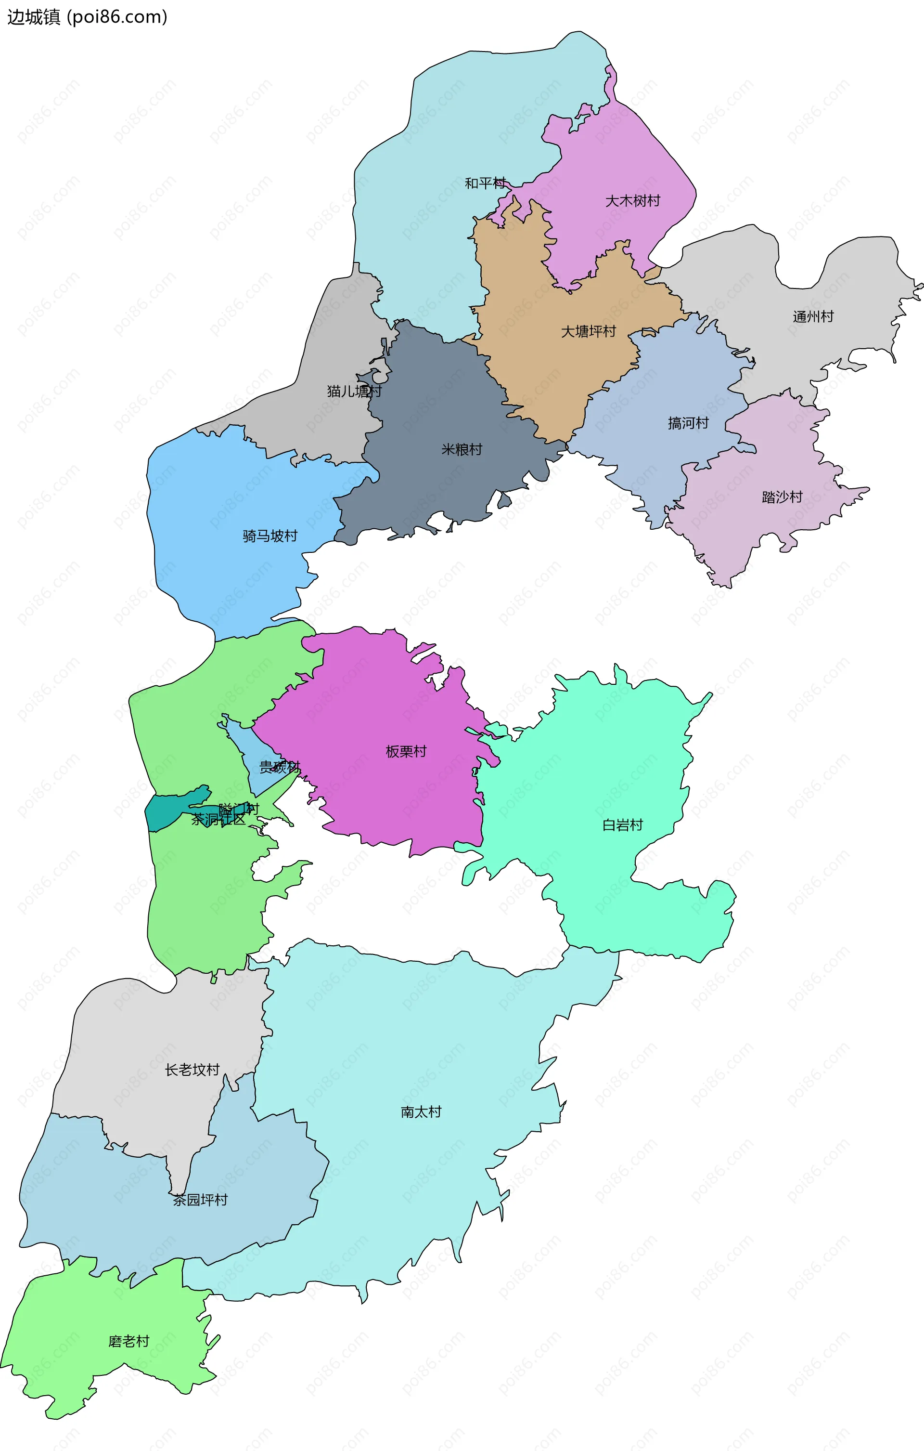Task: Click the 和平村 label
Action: pyautogui.click(x=485, y=183)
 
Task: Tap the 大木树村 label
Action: pyautogui.click(x=632, y=201)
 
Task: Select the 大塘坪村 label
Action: pyautogui.click(x=589, y=331)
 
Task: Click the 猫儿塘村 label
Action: pyautogui.click(x=354, y=391)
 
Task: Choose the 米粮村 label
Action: pyautogui.click(x=462, y=449)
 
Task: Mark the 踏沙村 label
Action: pyautogui.click(x=782, y=497)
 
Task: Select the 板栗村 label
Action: pyautogui.click(x=406, y=751)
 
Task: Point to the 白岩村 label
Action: pyautogui.click(x=622, y=825)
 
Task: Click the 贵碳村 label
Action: pyautogui.click(x=279, y=767)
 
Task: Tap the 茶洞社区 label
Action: pyautogui.click(x=218, y=820)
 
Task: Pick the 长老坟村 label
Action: pyautogui.click(x=192, y=1070)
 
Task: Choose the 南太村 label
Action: pyautogui.click(x=421, y=1112)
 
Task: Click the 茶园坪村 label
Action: pyautogui.click(x=200, y=1200)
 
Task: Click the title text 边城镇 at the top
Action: pyautogui.click(x=34, y=17)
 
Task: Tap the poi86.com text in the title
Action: pyautogui.click(x=117, y=17)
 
